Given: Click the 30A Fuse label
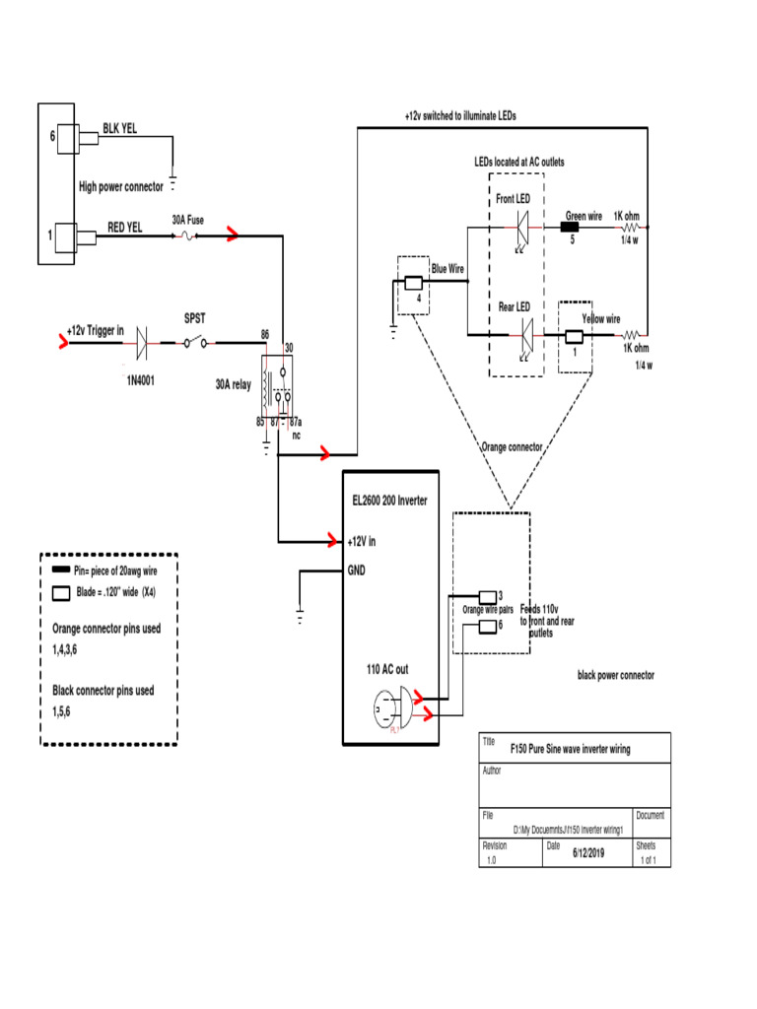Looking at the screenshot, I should point(187,221).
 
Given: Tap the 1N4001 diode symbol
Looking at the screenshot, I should point(141,342).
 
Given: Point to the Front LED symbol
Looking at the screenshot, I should point(522,228).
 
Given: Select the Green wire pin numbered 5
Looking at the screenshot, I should point(570,227).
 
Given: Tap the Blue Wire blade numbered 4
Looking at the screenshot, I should point(414,284).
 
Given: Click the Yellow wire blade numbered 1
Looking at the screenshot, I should point(573,337).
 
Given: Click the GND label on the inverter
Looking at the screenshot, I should point(357,570).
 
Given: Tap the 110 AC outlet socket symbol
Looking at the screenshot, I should point(392,708).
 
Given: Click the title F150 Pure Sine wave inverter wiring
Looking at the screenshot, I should point(571,749).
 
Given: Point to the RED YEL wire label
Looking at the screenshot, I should point(125,227).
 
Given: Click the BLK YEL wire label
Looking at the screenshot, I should point(123,128).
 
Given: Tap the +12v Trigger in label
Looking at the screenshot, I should point(95,330).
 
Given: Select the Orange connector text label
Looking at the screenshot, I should point(512,446).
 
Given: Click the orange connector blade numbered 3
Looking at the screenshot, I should point(487,596).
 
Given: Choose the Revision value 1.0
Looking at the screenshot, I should point(491,860).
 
